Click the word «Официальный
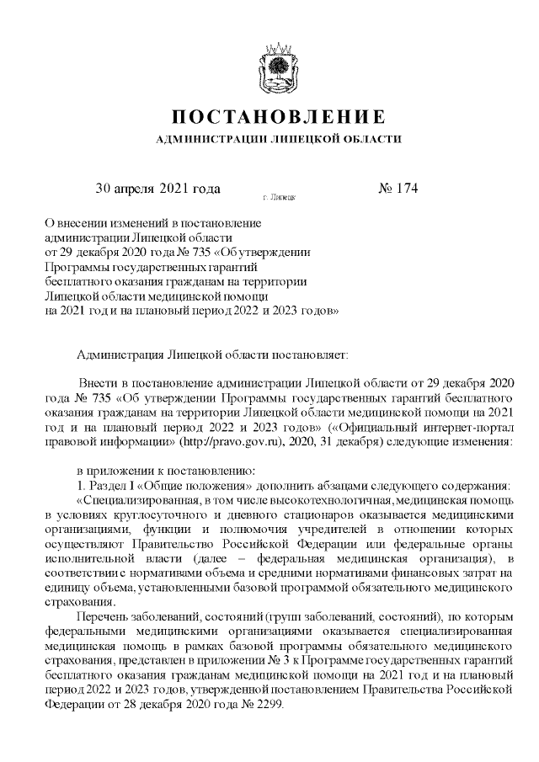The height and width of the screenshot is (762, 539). point(367,425)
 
